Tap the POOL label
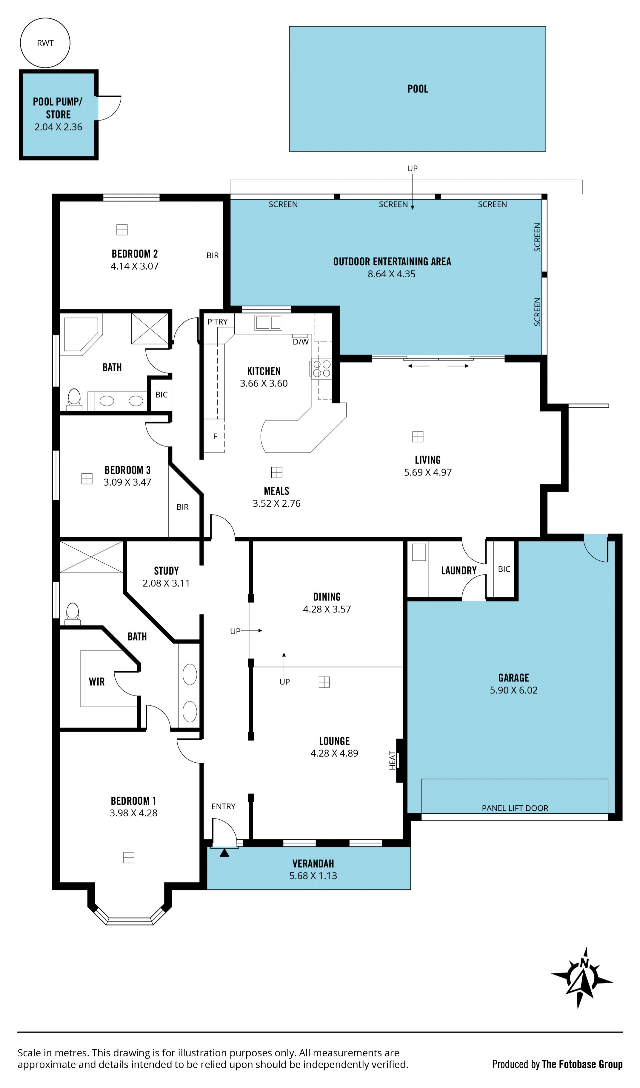[x=417, y=89]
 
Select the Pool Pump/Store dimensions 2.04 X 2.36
[x=58, y=127]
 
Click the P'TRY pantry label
[x=217, y=322]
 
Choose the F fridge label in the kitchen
[x=215, y=437]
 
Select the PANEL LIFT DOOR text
[x=515, y=808]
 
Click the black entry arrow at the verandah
[x=224, y=853]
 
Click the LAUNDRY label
[x=459, y=570]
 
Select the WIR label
[x=97, y=682]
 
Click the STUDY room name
[x=166, y=571]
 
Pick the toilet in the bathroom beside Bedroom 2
[x=74, y=399]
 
